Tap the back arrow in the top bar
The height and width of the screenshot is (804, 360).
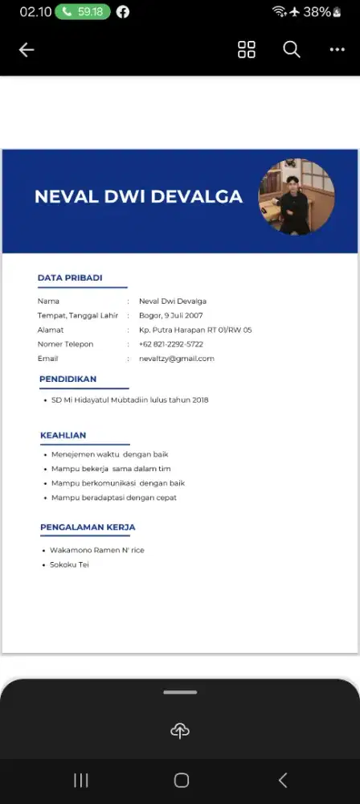point(27,50)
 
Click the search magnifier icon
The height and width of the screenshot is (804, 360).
point(292,50)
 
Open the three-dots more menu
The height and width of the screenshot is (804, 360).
point(337,50)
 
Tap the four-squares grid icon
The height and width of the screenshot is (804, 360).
point(247,50)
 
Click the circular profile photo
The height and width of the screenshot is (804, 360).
point(297,197)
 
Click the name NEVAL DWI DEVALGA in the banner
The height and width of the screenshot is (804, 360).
point(138,197)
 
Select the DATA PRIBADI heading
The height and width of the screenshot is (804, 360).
point(70,278)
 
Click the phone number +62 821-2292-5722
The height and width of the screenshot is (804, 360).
point(170,344)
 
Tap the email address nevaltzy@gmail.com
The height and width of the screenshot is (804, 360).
point(176,359)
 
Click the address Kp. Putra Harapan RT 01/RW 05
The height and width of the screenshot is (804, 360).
point(195,330)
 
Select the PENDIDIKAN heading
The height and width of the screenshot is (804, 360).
point(68,379)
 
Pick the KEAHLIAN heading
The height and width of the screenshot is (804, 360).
point(63,436)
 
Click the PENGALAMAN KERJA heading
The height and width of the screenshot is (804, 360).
point(88,527)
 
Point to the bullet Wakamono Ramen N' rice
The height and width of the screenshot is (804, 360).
point(96,550)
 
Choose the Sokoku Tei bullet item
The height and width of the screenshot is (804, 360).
point(69,564)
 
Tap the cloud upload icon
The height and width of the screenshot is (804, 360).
point(180,730)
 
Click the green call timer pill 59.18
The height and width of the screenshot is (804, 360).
point(84,12)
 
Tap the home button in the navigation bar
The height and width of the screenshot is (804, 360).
point(182,780)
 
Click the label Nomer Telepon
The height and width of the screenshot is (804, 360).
point(65,344)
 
